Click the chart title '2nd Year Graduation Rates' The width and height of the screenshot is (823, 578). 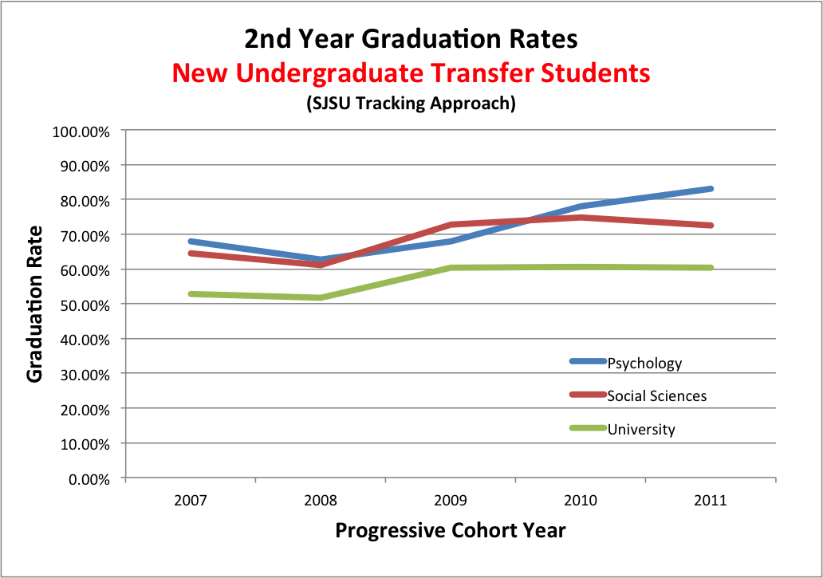(x=411, y=39)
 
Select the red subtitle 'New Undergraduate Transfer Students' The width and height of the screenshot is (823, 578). (x=411, y=73)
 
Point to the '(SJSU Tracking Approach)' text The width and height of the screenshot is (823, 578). (x=411, y=104)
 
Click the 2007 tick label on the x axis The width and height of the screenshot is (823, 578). (x=191, y=501)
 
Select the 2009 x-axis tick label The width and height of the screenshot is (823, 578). (x=451, y=501)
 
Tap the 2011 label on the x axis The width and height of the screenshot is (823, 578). (x=711, y=501)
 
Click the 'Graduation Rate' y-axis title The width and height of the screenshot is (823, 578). (x=35, y=304)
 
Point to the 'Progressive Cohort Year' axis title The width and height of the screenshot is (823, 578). (x=451, y=531)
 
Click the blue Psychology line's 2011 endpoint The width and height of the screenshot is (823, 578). (x=710, y=189)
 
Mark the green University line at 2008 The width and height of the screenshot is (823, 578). (x=321, y=297)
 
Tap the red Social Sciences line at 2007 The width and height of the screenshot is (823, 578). (x=191, y=254)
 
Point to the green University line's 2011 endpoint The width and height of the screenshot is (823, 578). (x=710, y=268)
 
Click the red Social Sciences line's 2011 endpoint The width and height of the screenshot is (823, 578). (x=710, y=226)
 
